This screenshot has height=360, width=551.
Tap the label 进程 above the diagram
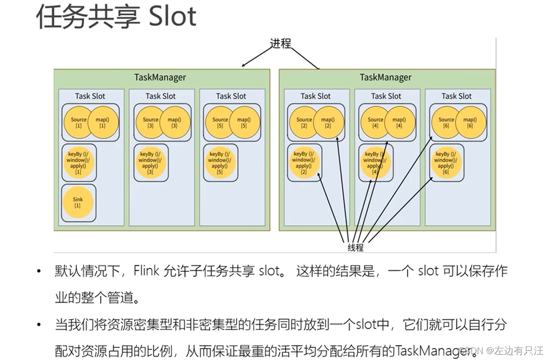pos(280,44)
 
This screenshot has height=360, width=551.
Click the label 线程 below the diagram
pos(355,247)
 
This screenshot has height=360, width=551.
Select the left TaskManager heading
pos(160,77)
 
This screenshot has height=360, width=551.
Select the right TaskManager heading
pos(386,77)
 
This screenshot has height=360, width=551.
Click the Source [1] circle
pos(78,122)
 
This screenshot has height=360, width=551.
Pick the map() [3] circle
pos(174,122)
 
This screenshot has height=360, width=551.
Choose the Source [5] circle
pos(220,122)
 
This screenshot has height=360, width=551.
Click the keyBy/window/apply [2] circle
pos(303,163)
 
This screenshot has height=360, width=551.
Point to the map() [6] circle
pos(470,122)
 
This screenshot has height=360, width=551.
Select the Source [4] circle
pos(375,122)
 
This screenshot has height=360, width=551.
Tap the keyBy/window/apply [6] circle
pos(446,163)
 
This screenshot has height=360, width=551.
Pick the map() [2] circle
pos(328,122)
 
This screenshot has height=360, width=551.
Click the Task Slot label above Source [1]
pos(90,96)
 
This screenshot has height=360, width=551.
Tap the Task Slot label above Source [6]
pos(456,96)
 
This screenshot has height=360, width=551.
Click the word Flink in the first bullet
pos(147,271)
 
